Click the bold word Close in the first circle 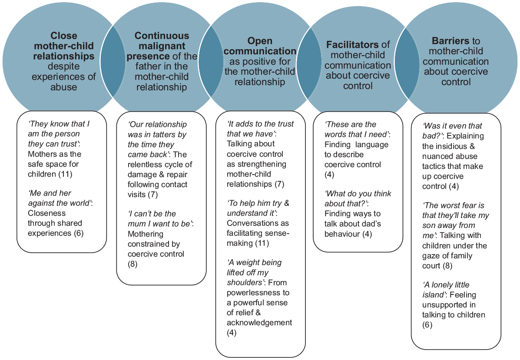point(64,36)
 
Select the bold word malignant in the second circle point(162,46)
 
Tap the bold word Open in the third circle point(260,41)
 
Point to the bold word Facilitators point(352,44)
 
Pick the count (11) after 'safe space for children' point(65,174)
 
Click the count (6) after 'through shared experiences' point(79,233)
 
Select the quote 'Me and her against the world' point(60,198)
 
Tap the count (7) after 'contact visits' point(152,195)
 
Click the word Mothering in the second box point(145,234)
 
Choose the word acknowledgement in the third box point(259,323)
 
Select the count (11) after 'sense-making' point(262,243)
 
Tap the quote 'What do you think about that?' point(358,198)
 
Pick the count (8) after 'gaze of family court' point(447,266)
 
